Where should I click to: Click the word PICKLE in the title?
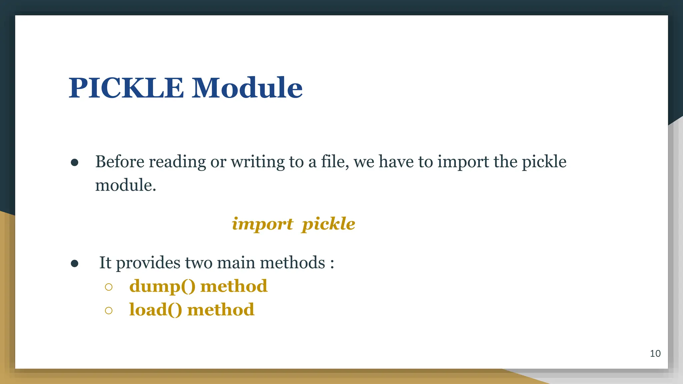tap(126, 88)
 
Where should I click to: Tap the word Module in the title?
tap(247, 88)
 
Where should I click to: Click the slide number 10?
tap(655, 354)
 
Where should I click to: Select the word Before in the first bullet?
tap(120, 162)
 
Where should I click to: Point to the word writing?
tap(258, 162)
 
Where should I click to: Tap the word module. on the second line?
tap(126, 185)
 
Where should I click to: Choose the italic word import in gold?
tap(262, 224)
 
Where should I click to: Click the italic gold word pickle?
tap(328, 224)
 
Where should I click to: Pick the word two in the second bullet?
tap(198, 263)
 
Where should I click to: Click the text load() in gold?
tap(156, 310)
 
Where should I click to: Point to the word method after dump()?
tap(234, 286)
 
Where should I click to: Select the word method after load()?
tap(221, 310)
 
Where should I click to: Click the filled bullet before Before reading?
tap(75, 163)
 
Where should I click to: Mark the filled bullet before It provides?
tap(75, 264)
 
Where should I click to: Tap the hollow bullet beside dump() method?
tap(108, 287)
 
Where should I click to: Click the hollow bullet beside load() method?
tap(108, 311)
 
